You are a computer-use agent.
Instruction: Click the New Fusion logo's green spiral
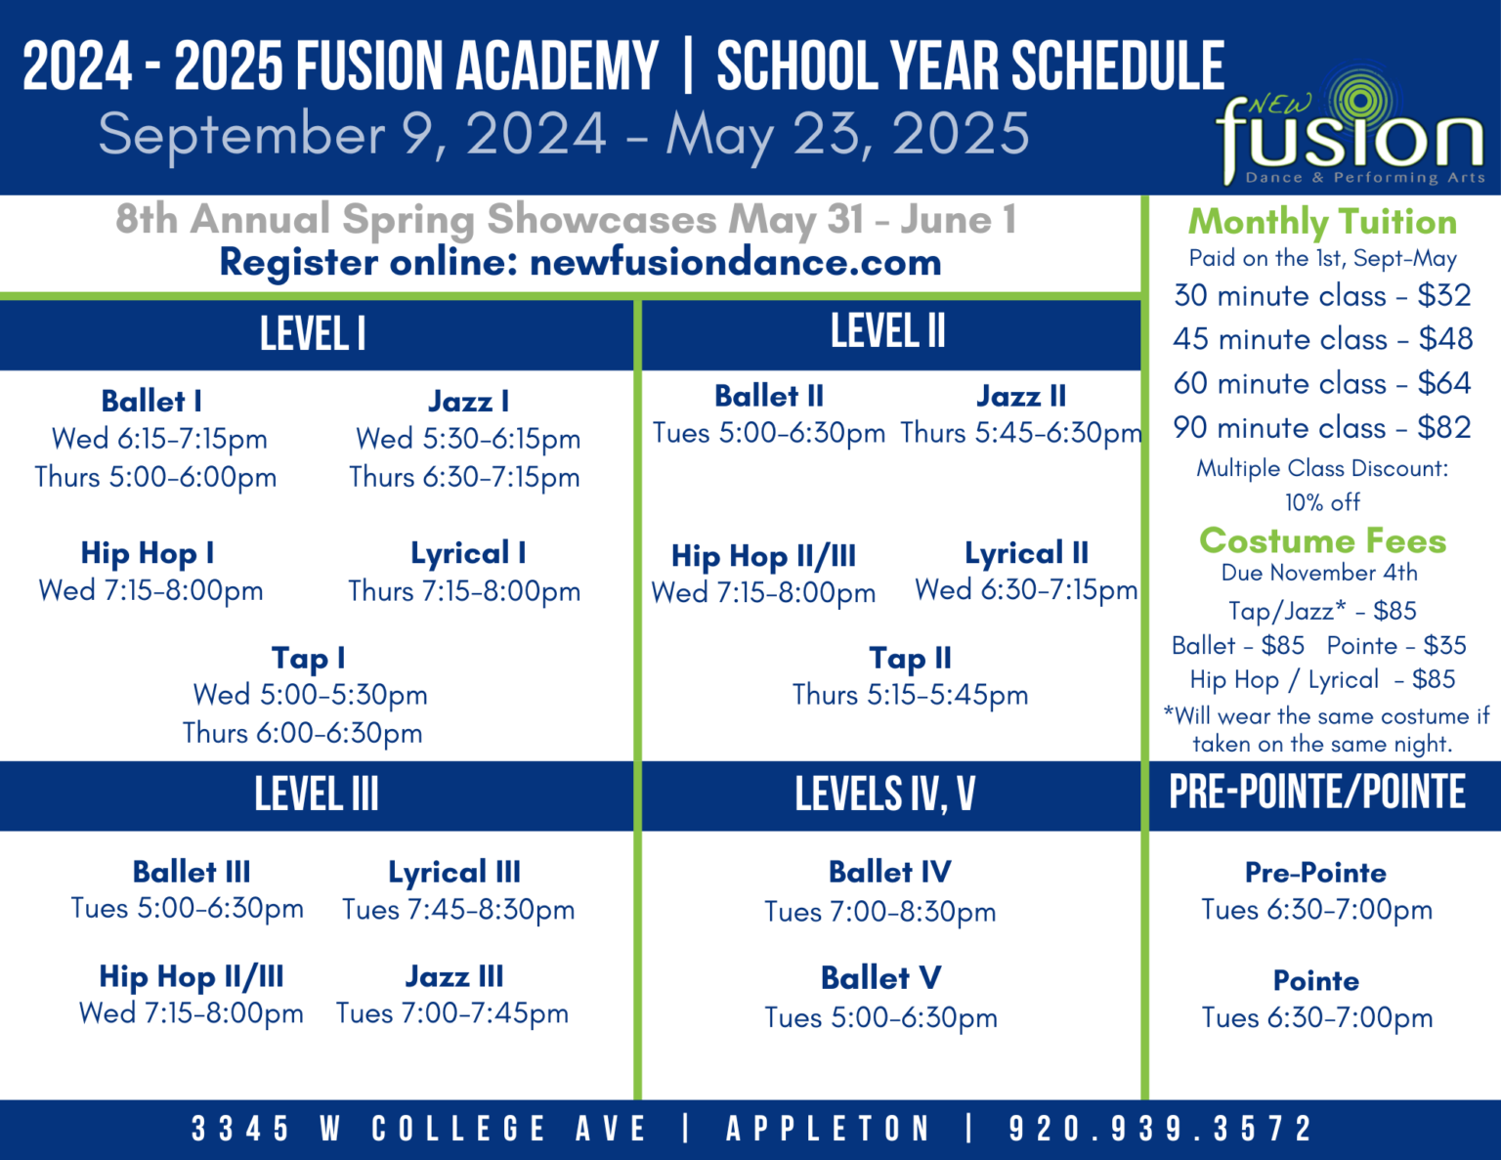(x=1359, y=99)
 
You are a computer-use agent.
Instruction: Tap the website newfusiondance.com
(x=735, y=262)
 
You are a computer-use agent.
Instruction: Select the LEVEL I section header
(x=313, y=334)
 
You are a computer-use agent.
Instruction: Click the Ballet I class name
(x=151, y=401)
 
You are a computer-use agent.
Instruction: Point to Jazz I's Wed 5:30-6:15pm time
(x=468, y=439)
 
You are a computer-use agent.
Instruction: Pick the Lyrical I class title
(x=468, y=553)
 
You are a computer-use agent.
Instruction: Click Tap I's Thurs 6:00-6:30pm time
(x=302, y=733)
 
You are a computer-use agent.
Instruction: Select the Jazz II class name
(x=1021, y=396)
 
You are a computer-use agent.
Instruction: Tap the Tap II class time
(x=910, y=695)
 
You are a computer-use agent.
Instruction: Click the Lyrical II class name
(x=1026, y=553)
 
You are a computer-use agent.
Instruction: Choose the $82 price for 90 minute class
(x=1444, y=427)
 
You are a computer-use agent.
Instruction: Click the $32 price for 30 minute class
(x=1444, y=295)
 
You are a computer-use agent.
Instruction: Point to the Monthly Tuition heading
(x=1322, y=222)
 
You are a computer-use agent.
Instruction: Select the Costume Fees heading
(x=1322, y=540)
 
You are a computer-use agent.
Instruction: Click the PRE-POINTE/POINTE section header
(x=1317, y=793)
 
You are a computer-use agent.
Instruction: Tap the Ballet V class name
(x=880, y=977)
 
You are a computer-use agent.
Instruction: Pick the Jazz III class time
(x=452, y=1013)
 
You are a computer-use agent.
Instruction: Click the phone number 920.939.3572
(x=1160, y=1129)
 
